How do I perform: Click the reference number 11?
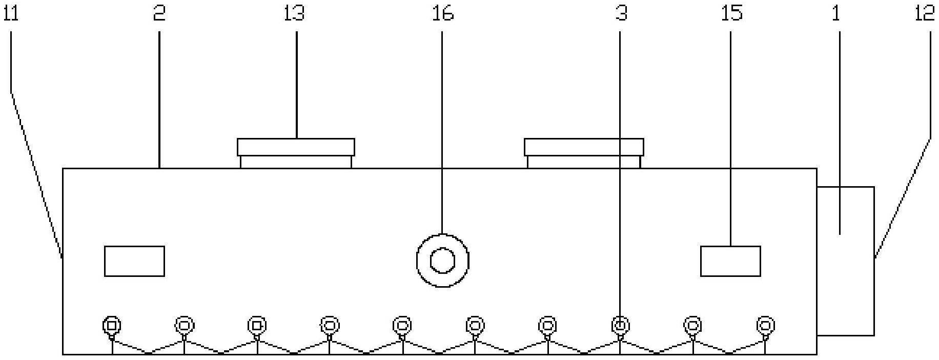(11, 14)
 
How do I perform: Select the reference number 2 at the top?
(159, 14)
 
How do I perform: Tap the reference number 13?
(294, 14)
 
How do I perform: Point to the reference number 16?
(443, 14)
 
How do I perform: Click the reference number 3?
(621, 14)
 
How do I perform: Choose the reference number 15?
(732, 14)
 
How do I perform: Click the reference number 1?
(836, 14)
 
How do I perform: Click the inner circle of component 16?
(442, 261)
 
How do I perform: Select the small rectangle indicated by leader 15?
(730, 261)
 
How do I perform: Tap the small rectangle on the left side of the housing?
(134, 261)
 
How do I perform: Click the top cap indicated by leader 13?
(296, 153)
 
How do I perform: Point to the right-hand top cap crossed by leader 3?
(584, 153)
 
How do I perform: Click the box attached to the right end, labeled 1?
(846, 261)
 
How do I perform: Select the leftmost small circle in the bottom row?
(112, 325)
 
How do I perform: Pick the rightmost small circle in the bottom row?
(765, 325)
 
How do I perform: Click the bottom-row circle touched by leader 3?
(620, 325)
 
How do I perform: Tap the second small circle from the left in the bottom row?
(185, 325)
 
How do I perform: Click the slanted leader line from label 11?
(37, 175)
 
